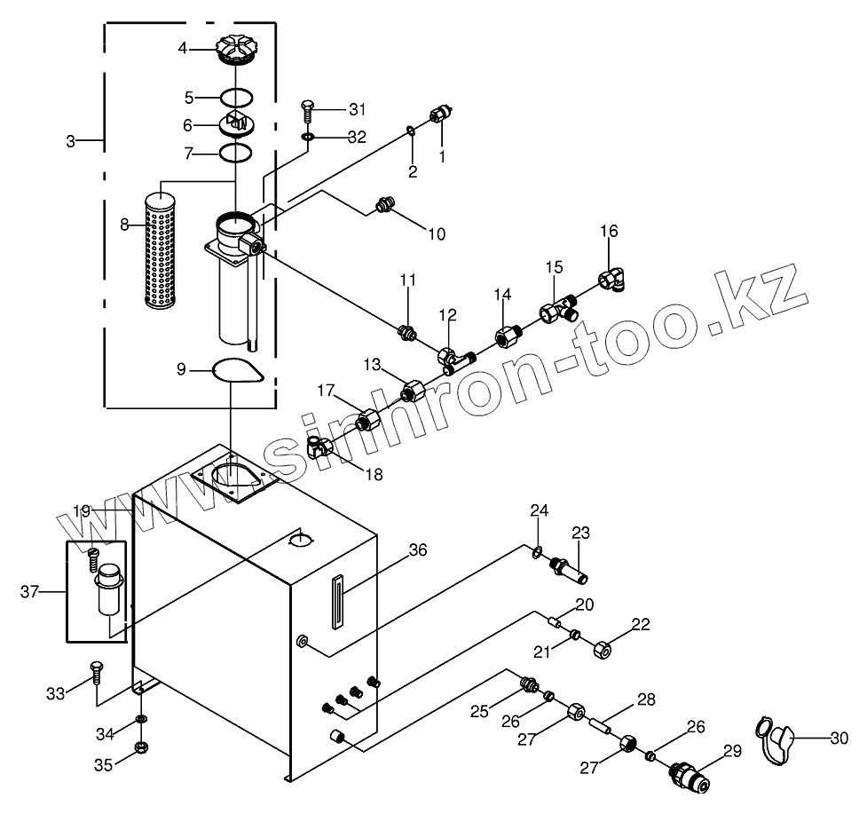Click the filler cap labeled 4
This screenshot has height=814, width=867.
[x=237, y=50]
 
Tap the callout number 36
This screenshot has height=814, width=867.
[x=417, y=550]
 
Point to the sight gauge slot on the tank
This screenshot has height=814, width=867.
[x=337, y=602]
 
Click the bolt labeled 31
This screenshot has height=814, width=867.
[x=307, y=109]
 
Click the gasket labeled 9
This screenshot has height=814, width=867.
[x=238, y=369]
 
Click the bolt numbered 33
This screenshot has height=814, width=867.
[x=96, y=674]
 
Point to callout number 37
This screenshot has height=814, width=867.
[x=29, y=592]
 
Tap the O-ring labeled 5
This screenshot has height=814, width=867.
[x=237, y=97]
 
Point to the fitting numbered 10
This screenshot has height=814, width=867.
[x=384, y=205]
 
